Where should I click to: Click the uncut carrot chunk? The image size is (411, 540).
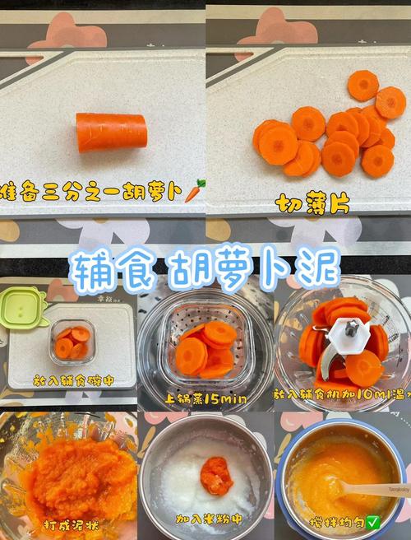tap(111, 132)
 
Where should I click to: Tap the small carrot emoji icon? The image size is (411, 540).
tap(193, 191)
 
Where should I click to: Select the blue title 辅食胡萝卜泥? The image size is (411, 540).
tap(205, 266)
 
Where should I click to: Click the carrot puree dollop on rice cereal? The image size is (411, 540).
tap(215, 476)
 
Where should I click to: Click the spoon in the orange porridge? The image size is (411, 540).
tap(374, 489)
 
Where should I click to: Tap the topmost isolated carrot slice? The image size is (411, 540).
tap(363, 85)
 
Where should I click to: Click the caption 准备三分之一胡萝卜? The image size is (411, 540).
tap(90, 192)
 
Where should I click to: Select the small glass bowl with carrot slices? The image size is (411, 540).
tap(72, 341)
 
